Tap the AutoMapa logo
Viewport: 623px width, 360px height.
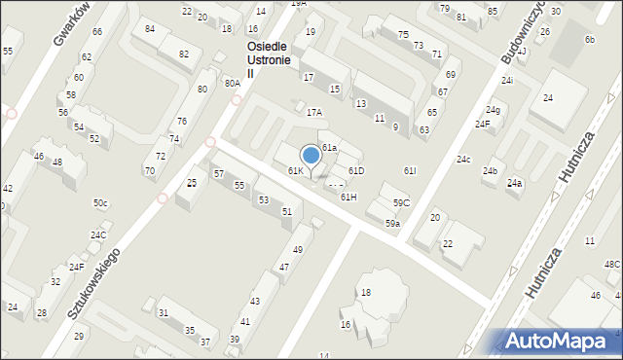click(x=562, y=341)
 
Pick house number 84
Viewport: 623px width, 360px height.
click(x=150, y=29)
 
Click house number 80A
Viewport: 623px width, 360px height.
click(x=232, y=84)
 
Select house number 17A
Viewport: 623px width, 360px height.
click(x=313, y=113)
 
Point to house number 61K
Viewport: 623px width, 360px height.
click(x=295, y=171)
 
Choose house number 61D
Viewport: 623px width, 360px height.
click(x=356, y=171)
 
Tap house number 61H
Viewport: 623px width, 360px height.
click(x=348, y=198)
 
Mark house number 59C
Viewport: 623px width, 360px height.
click(x=401, y=203)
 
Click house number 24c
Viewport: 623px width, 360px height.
click(x=463, y=160)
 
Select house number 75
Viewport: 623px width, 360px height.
click(x=403, y=35)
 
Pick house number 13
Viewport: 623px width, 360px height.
click(x=360, y=104)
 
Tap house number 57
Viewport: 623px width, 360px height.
click(x=219, y=173)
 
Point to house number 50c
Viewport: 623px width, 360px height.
click(x=100, y=203)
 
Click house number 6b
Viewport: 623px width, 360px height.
click(x=589, y=39)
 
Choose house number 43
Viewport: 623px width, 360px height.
click(x=255, y=303)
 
